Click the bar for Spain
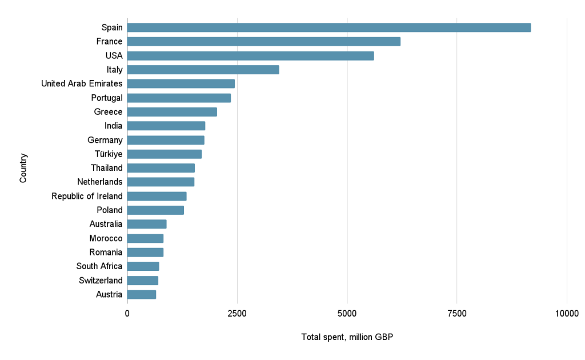pyautogui.click(x=328, y=27)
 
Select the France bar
pyautogui.click(x=263, y=42)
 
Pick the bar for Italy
pyautogui.click(x=203, y=70)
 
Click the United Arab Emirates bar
pyautogui.click(x=181, y=84)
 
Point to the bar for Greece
pyautogui.click(x=172, y=112)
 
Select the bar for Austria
pyautogui.click(x=141, y=295)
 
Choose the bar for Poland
pyautogui.click(x=155, y=210)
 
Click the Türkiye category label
pyautogui.click(x=109, y=154)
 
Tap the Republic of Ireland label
pyautogui.click(x=87, y=197)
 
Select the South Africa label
pyautogui.click(x=99, y=266)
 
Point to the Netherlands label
pyautogui.click(x=100, y=182)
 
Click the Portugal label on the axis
pyautogui.click(x=107, y=98)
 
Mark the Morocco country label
pyautogui.click(x=106, y=238)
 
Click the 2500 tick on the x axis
pyautogui.click(x=237, y=313)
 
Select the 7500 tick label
pyautogui.click(x=457, y=313)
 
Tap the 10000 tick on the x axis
pyautogui.click(x=567, y=313)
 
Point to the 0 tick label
pyautogui.click(x=127, y=313)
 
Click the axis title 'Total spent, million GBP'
pyautogui.click(x=347, y=337)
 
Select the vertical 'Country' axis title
pyautogui.click(x=23, y=168)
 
